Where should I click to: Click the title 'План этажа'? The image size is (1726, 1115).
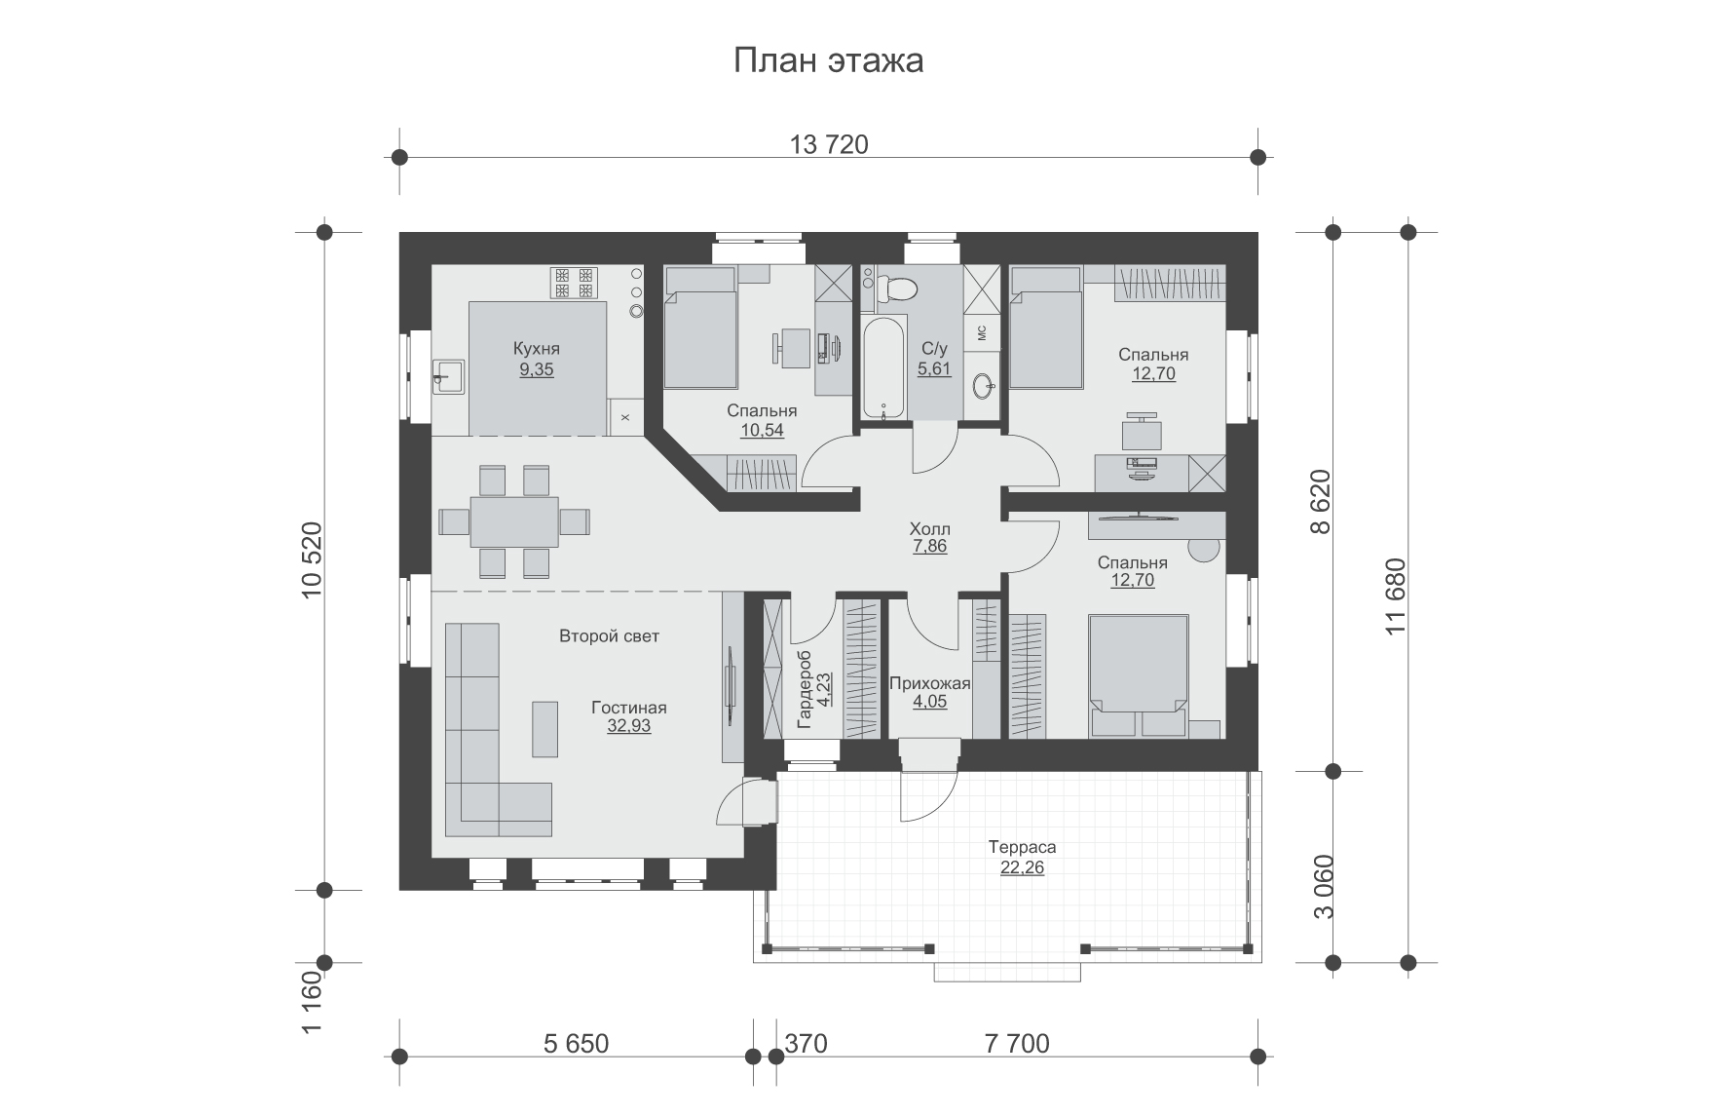[x=828, y=61]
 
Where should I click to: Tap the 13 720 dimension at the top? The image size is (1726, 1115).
[x=829, y=145]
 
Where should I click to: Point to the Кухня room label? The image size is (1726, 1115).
[x=537, y=349]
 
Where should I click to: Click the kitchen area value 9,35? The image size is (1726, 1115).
[x=537, y=369]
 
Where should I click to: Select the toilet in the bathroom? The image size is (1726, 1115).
[x=895, y=288]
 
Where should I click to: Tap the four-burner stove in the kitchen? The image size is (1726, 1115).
[x=574, y=283]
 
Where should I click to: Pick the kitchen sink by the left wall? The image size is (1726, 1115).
[x=450, y=376]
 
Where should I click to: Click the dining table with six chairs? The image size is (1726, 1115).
[x=514, y=521]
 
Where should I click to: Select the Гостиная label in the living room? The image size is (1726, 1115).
[x=629, y=708]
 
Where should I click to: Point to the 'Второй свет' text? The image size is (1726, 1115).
[x=610, y=636]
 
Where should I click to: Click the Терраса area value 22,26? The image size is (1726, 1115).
[x=1022, y=867]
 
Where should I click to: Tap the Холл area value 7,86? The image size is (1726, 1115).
[x=930, y=547]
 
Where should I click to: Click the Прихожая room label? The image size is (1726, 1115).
[x=931, y=683]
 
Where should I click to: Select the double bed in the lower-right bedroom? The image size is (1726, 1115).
[x=1139, y=674]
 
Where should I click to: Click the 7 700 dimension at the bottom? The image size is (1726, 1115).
[x=1018, y=1044]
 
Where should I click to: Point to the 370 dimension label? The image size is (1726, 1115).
[x=807, y=1044]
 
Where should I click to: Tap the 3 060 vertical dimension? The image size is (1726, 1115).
[x=1323, y=887]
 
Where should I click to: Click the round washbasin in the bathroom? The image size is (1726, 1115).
[x=982, y=387]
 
